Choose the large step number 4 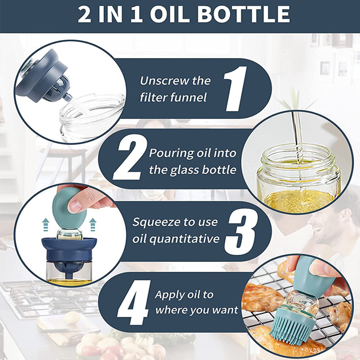[133, 302]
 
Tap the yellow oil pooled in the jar [298, 200]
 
